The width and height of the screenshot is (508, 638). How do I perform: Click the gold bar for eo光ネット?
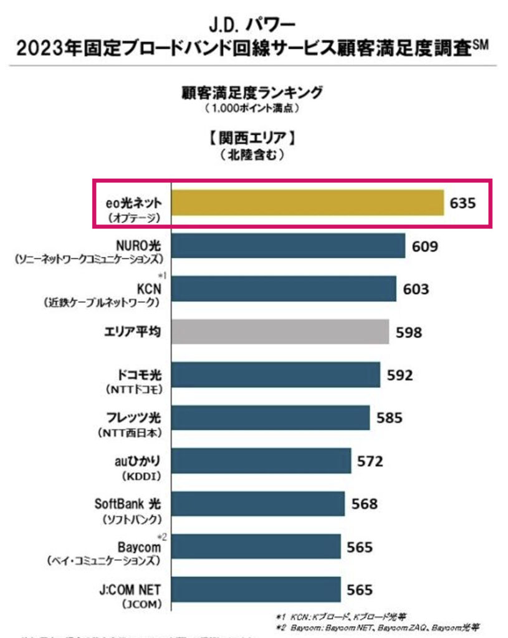click(x=307, y=203)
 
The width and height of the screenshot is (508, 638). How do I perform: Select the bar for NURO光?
click(x=288, y=246)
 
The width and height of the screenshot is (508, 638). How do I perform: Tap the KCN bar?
click(x=284, y=289)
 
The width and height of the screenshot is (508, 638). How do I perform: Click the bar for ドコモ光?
click(x=276, y=375)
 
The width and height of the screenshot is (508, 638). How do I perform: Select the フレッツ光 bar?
click(x=270, y=417)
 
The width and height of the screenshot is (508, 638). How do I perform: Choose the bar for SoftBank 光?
click(x=257, y=503)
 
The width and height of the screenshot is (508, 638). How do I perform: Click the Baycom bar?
click(x=256, y=546)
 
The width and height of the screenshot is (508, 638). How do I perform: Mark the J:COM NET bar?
click(x=256, y=589)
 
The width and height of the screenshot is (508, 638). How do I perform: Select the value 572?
click(x=370, y=462)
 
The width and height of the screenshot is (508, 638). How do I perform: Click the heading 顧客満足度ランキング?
click(x=252, y=93)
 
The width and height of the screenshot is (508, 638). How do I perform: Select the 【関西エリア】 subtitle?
click(x=252, y=137)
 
